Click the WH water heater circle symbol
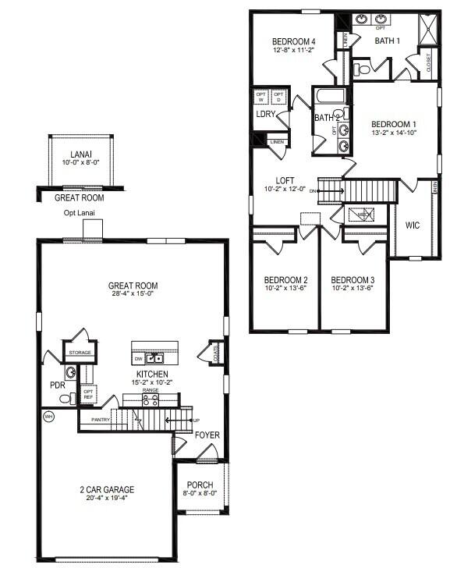pyautogui.click(x=48, y=415)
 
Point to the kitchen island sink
pyautogui.click(x=154, y=358)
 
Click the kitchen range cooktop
pyautogui.click(x=149, y=399)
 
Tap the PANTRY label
pyautogui.click(x=101, y=420)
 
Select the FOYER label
pyautogui.click(x=207, y=435)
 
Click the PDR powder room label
pyautogui.click(x=56, y=385)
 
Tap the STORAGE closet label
pyautogui.click(x=80, y=353)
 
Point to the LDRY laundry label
pyautogui.click(x=264, y=115)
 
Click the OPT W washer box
pyautogui.click(x=261, y=97)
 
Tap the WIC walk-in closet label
pyautogui.click(x=413, y=225)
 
